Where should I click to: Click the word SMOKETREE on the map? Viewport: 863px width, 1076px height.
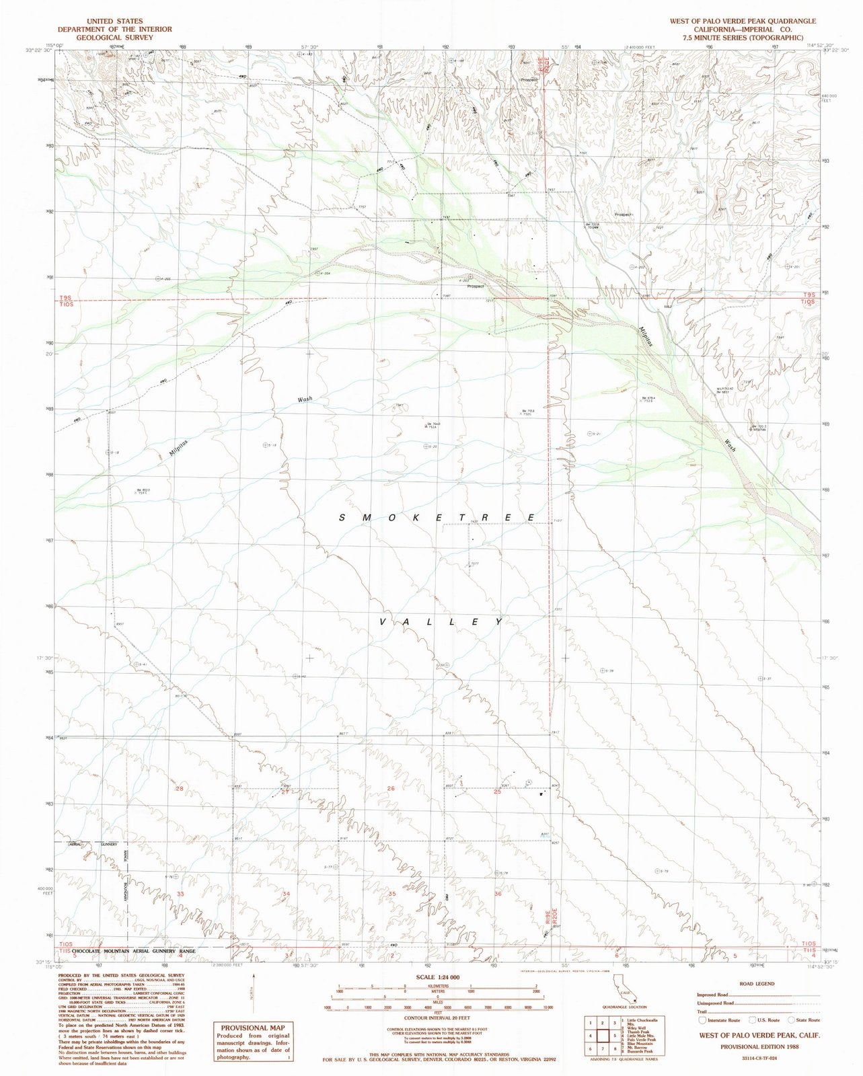click(x=438, y=517)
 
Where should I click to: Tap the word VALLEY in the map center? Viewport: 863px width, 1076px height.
click(x=441, y=622)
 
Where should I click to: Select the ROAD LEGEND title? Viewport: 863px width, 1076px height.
click(x=756, y=983)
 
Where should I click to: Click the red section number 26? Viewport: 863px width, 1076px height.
click(x=390, y=788)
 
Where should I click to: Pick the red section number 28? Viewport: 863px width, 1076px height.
click(x=179, y=788)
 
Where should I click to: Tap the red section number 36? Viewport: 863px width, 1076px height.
click(x=498, y=894)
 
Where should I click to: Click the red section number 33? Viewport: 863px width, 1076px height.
click(x=180, y=894)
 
